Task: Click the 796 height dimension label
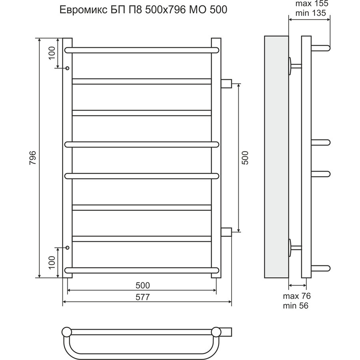(33, 158)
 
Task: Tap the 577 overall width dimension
(142, 297)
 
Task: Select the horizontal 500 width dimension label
(142, 285)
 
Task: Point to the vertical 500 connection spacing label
(245, 158)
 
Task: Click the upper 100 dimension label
(52, 53)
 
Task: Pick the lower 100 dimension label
(52, 262)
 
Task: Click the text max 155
(312, 4)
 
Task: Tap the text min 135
(311, 13)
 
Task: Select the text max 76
(297, 296)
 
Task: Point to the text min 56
(296, 306)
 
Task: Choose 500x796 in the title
(165, 10)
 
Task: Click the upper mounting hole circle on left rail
(67, 68)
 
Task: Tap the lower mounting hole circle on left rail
(67, 248)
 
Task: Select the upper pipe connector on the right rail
(226, 84)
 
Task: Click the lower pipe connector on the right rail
(226, 232)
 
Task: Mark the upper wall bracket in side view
(295, 66)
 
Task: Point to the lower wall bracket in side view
(295, 248)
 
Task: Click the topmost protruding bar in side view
(320, 48)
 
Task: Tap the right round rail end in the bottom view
(216, 332)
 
